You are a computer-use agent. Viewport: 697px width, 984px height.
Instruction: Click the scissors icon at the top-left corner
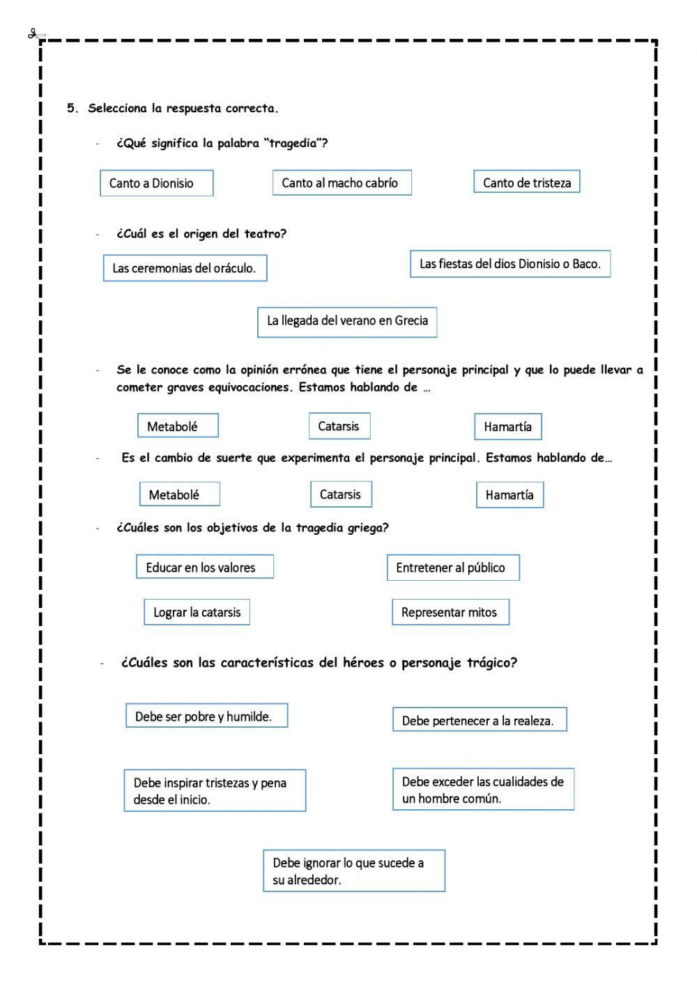tap(36, 34)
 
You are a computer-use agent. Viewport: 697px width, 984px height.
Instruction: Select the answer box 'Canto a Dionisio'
tap(156, 183)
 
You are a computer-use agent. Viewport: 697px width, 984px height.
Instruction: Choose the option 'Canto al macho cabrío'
tap(342, 182)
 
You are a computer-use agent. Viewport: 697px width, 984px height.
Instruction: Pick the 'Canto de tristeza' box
tap(526, 182)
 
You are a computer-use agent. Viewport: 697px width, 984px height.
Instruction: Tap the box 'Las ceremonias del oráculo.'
tap(185, 268)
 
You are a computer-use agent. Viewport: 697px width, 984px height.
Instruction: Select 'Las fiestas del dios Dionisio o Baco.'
tap(510, 264)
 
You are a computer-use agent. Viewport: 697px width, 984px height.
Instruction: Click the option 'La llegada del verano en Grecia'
tap(347, 322)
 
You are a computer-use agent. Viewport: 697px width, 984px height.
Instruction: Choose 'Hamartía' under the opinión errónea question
tap(508, 427)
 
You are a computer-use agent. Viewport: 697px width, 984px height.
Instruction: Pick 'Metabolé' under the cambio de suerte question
tap(179, 494)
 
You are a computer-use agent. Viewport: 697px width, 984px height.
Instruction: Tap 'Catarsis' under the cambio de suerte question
tap(341, 494)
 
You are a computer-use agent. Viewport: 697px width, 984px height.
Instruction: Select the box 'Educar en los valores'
tap(204, 567)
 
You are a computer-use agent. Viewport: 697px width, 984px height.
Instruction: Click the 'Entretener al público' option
tap(453, 568)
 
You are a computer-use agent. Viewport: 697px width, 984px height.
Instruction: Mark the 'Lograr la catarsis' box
tap(197, 612)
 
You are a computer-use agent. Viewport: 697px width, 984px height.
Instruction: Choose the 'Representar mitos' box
tap(450, 612)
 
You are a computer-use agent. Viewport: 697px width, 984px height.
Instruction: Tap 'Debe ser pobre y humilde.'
tap(206, 716)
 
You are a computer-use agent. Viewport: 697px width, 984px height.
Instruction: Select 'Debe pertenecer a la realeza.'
tap(480, 720)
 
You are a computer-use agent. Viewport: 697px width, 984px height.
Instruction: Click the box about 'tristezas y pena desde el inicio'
tap(215, 790)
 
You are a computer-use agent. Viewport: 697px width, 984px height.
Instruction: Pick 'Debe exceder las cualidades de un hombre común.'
tap(483, 790)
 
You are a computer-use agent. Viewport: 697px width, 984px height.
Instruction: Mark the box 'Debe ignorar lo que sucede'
tap(354, 870)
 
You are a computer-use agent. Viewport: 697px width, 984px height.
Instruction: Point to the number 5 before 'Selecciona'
tap(70, 108)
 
